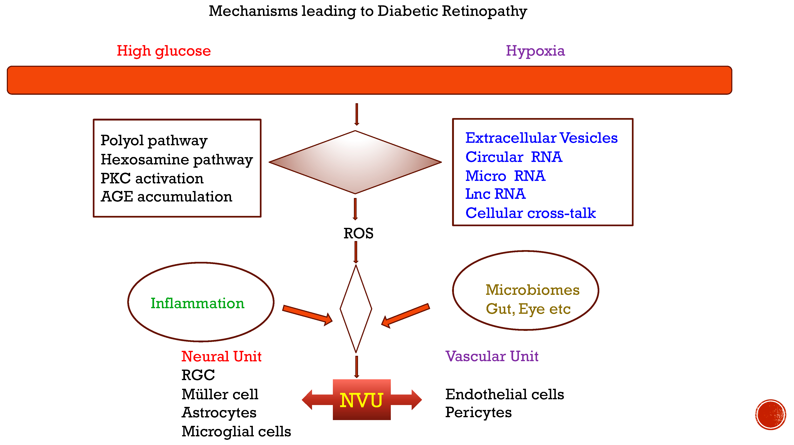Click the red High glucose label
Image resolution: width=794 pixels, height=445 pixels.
pos(164,51)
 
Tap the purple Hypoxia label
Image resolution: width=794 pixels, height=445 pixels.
pos(535,51)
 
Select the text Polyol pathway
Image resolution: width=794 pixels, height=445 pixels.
pos(154,141)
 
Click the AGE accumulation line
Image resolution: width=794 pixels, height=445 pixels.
pos(166,197)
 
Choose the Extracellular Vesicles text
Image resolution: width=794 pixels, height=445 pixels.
pos(541,138)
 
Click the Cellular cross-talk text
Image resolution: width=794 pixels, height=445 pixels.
pos(530,213)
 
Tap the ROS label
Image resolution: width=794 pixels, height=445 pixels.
pos(358,233)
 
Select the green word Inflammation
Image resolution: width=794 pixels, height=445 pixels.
pos(197,303)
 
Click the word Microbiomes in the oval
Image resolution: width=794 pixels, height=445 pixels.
pos(532,290)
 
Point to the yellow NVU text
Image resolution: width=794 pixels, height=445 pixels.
pos(361,400)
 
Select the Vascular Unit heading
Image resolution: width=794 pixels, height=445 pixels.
pos(492,356)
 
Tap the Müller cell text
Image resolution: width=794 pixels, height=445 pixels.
pos(220,395)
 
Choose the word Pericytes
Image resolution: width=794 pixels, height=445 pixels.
pos(478,412)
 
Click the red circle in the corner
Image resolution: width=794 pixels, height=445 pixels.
pos(770,415)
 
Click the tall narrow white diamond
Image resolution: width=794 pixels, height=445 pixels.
pos(356,309)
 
